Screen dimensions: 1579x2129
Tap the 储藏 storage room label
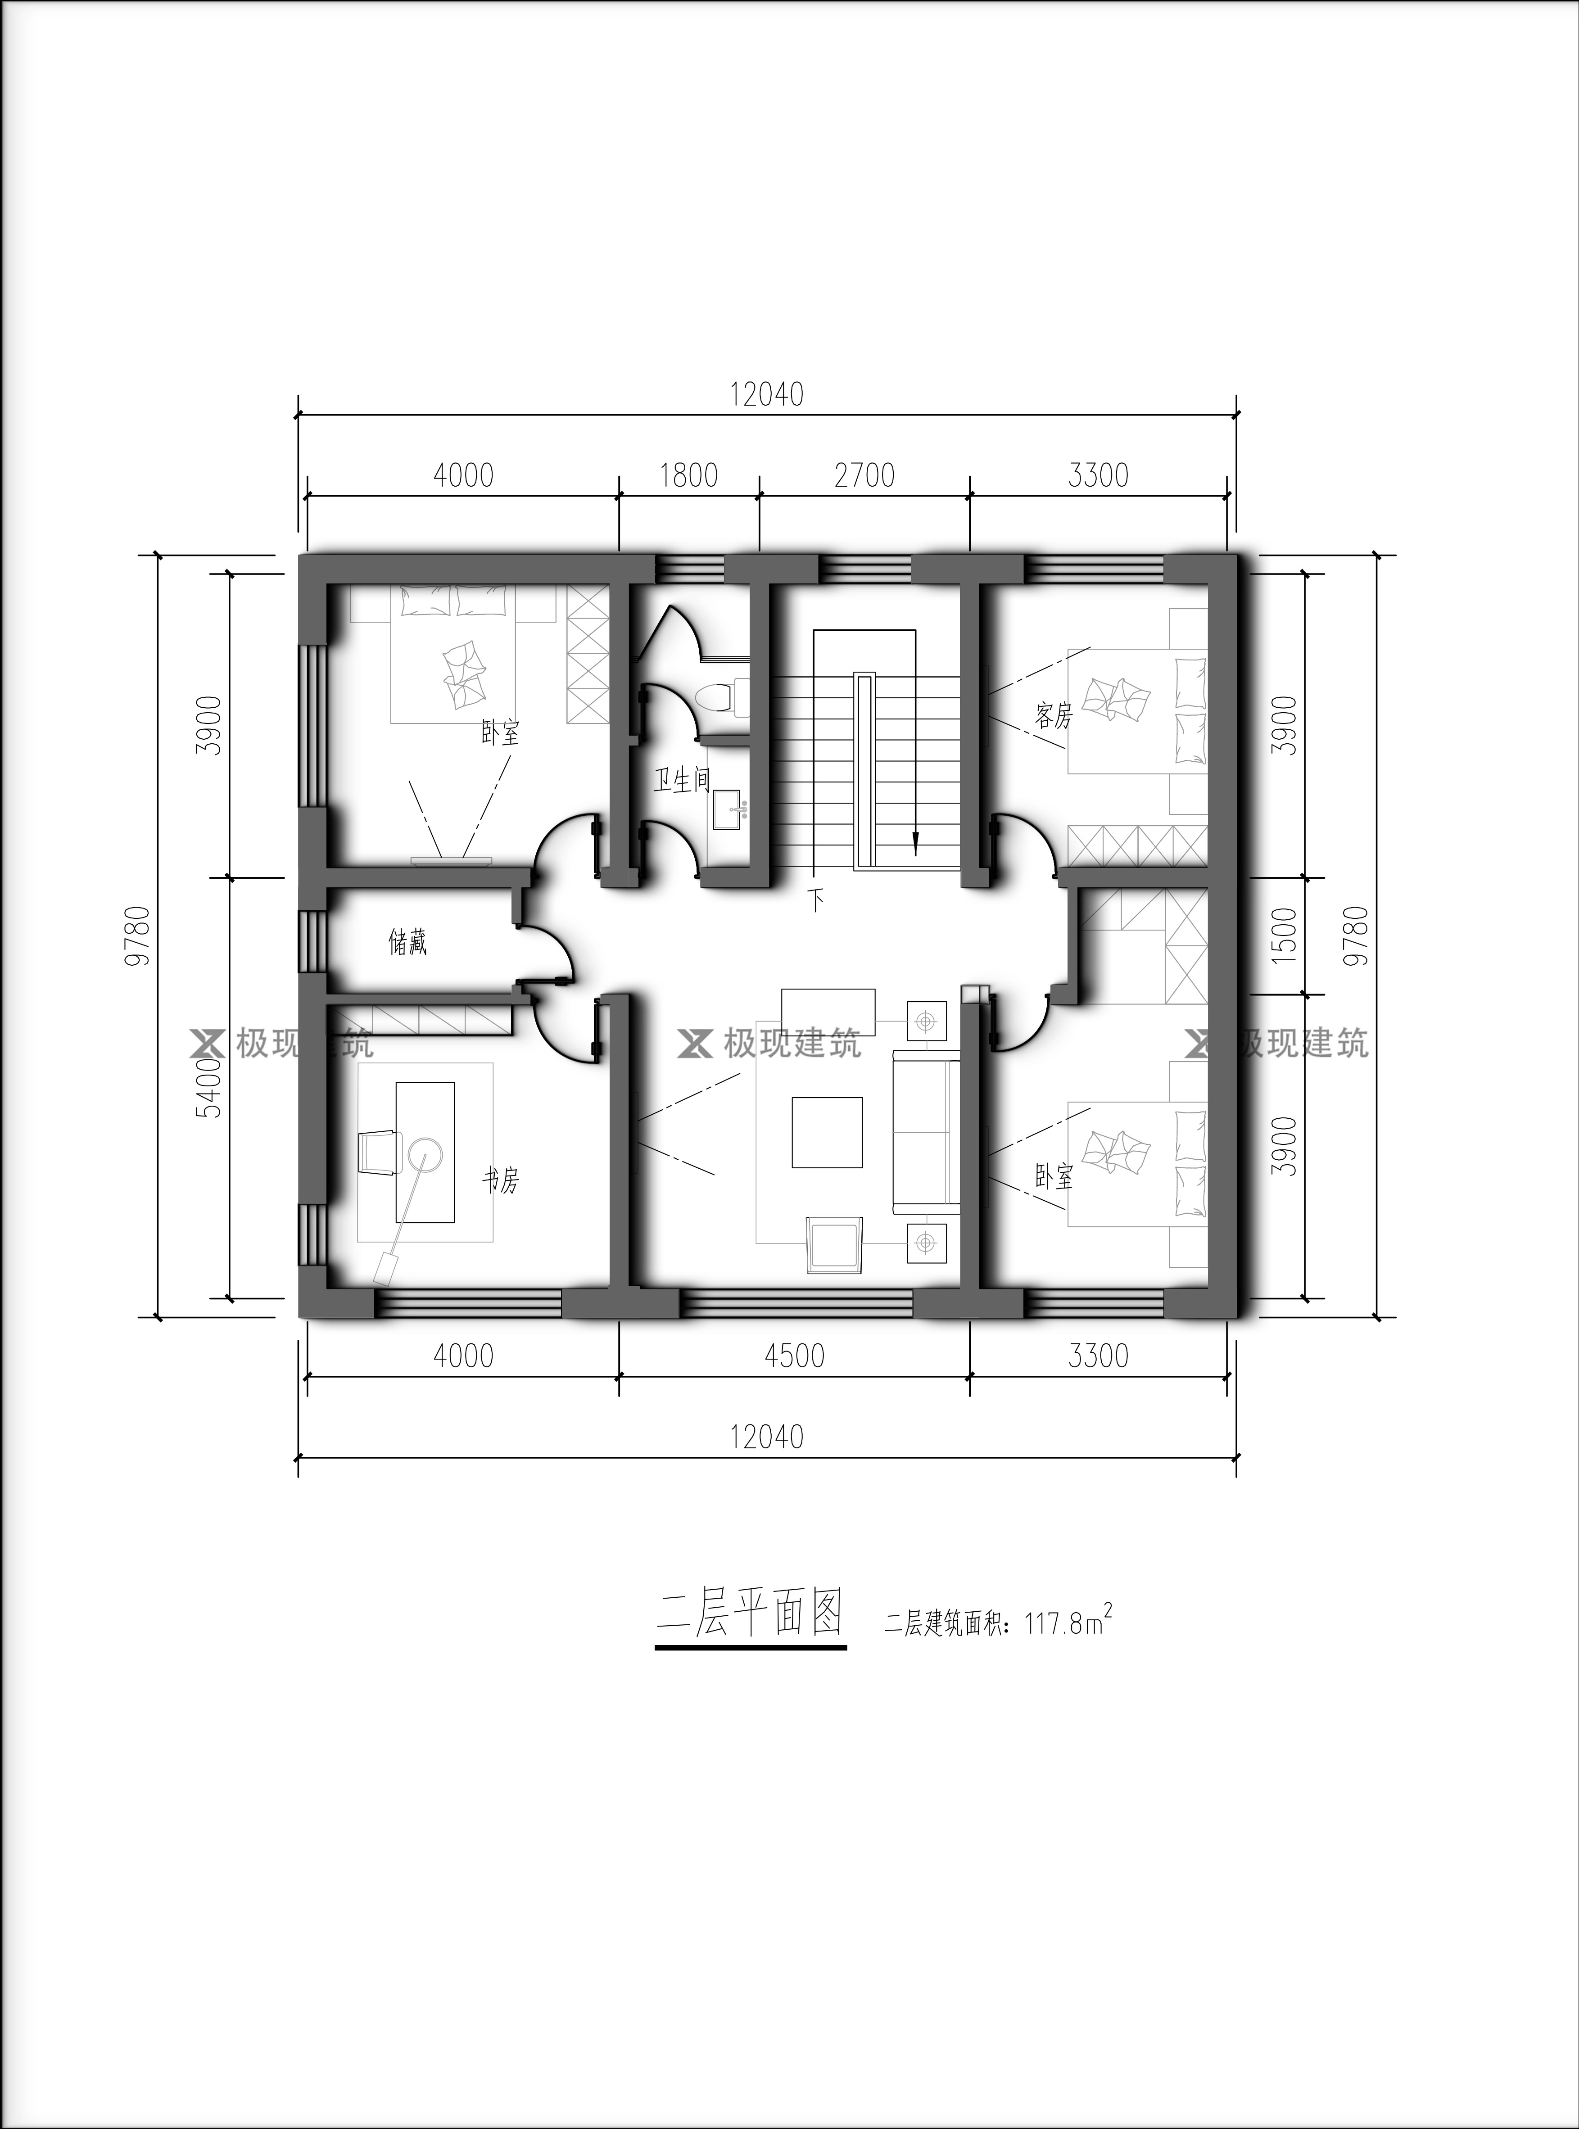pyautogui.click(x=407, y=943)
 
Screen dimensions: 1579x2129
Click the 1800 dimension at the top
pyautogui.click(x=688, y=475)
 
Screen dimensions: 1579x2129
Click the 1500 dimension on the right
pyautogui.click(x=1288, y=935)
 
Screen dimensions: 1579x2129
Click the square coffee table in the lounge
pyautogui.click(x=827, y=1132)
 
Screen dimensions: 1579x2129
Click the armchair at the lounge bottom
pyautogui.click(x=834, y=1245)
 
